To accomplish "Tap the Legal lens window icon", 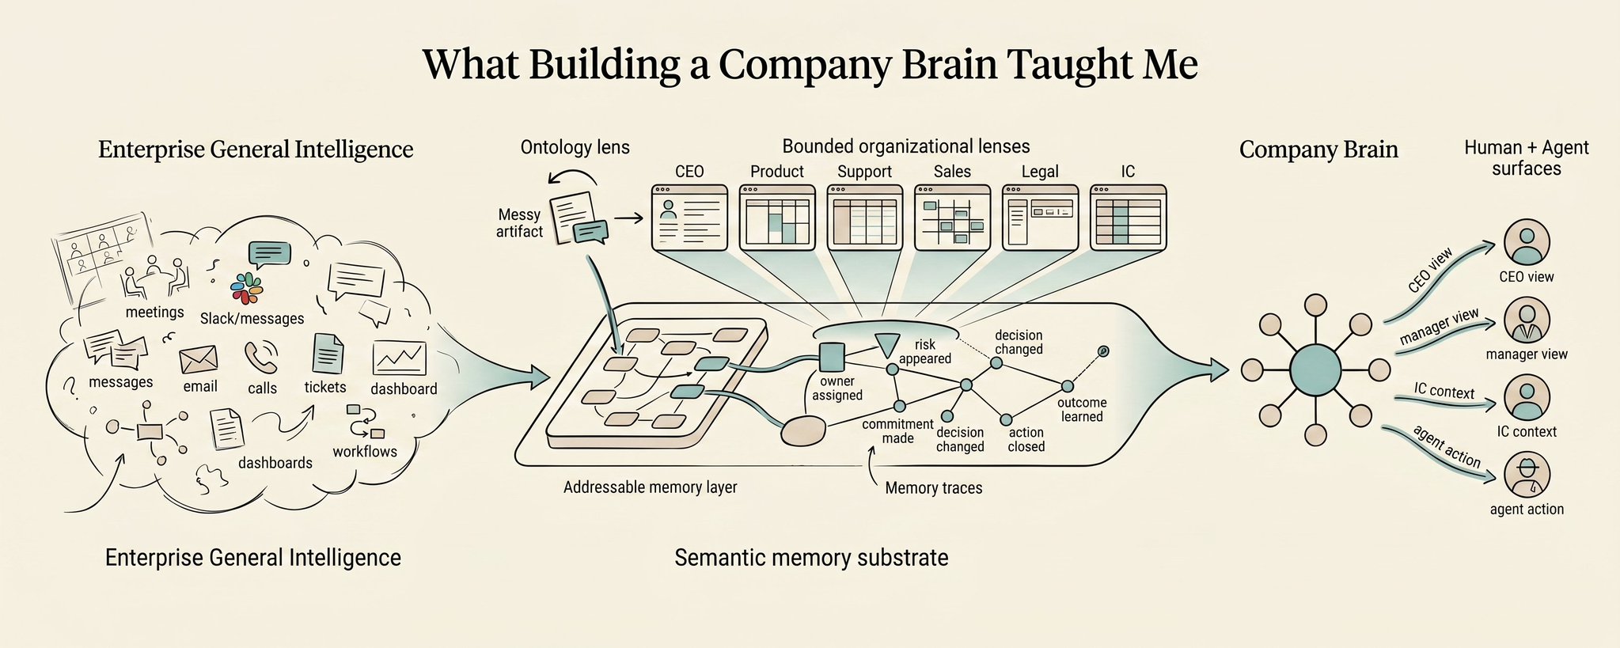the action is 1040,218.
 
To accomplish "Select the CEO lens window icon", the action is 689,218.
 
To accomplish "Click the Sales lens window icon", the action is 952,218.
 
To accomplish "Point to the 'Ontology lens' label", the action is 575,147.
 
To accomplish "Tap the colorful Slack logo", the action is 247,288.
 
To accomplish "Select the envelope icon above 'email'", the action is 198,359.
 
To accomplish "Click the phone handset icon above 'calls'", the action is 261,357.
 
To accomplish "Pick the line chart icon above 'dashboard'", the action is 400,358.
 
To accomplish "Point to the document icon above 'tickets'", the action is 328,353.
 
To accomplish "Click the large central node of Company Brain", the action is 1315,369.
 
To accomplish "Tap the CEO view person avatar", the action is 1527,242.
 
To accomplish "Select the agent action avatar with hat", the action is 1527,475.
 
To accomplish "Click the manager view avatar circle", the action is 1527,320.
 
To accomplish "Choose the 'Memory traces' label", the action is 934,488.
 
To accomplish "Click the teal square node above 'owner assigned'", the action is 832,357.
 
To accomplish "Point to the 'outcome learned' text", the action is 1082,410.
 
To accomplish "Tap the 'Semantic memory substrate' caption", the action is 811,558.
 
